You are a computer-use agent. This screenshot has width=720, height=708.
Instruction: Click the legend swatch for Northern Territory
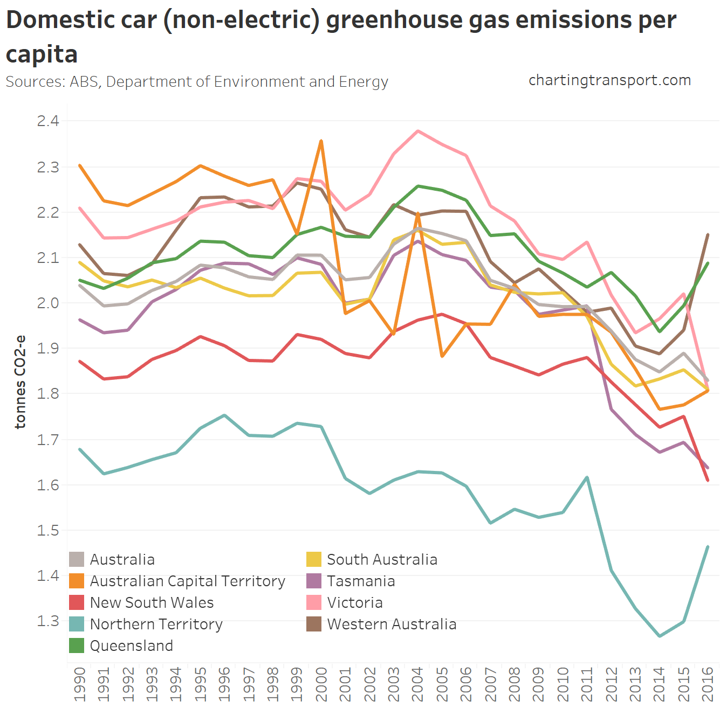point(77,624)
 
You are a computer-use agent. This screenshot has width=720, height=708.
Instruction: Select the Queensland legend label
point(131,645)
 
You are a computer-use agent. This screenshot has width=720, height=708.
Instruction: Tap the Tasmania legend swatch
point(314,581)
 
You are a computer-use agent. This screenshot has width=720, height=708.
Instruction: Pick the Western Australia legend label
point(392,624)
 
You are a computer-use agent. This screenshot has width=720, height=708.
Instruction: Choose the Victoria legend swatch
point(314,602)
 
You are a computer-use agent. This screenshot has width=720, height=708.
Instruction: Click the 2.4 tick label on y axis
point(48,121)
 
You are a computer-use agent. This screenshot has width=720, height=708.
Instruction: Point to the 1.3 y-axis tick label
point(48,621)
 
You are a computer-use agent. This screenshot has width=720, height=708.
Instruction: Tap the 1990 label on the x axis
point(80,684)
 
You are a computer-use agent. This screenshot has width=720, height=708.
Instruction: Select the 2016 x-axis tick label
point(708,684)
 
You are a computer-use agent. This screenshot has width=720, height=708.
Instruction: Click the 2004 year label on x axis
point(418,684)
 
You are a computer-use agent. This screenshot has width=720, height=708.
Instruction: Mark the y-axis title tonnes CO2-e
point(20,382)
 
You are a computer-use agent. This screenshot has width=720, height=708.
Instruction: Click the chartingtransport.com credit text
point(609,80)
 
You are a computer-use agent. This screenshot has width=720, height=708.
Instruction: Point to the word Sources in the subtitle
point(35,82)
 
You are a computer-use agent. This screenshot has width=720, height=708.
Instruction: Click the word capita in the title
point(42,54)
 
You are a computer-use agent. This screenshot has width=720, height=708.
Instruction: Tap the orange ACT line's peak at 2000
point(321,141)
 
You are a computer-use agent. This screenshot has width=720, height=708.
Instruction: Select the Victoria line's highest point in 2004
point(418,131)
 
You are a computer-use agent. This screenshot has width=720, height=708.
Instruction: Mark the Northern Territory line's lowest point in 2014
point(660,636)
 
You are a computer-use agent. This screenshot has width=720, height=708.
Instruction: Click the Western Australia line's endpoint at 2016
point(708,235)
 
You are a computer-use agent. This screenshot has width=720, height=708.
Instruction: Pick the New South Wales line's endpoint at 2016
point(708,480)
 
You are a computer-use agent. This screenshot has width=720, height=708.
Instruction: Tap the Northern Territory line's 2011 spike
point(587,477)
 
